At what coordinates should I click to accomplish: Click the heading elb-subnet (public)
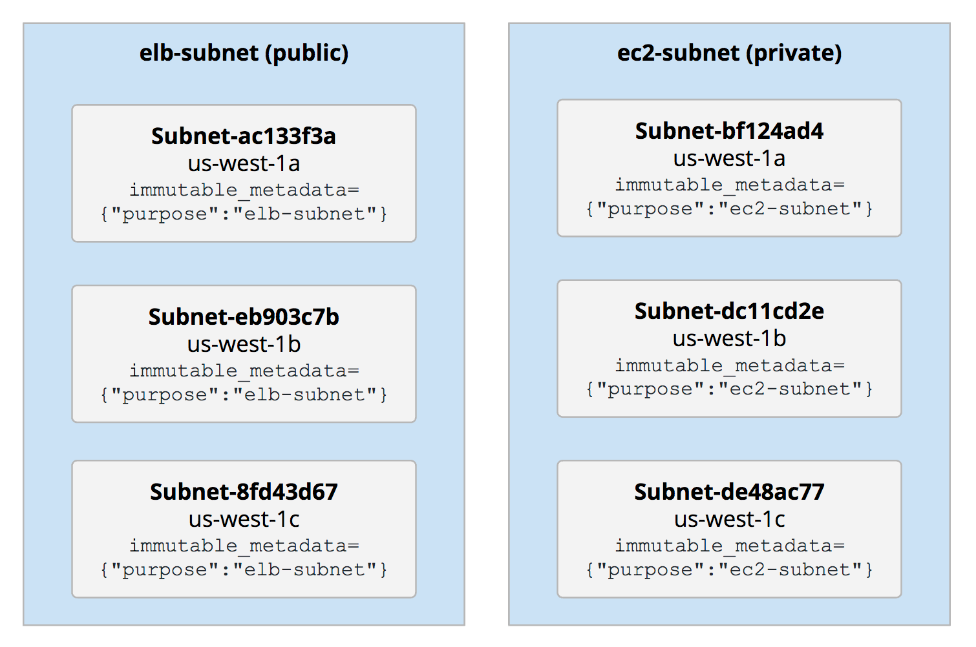244,53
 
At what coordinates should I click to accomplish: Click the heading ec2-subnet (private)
729,53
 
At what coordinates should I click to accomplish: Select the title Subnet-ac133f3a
244,136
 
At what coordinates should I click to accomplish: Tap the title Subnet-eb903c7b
244,317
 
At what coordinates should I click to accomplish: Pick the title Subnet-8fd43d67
244,492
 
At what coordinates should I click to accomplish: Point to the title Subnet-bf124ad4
729,131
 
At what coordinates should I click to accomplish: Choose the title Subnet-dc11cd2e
729,311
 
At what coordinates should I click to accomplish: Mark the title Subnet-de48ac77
729,492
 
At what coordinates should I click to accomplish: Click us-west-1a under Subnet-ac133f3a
244,164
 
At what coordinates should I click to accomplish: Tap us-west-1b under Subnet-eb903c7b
244,345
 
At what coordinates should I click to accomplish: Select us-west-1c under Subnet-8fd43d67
244,520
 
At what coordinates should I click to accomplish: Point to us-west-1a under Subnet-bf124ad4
729,159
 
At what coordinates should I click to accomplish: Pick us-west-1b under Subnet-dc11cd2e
729,339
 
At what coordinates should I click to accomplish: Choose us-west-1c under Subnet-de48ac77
729,520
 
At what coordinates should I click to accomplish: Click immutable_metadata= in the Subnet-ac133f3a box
244,190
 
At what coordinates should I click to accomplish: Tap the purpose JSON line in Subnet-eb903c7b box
244,395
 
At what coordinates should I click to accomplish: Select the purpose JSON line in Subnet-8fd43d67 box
244,570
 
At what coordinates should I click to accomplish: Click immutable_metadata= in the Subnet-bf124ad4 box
729,185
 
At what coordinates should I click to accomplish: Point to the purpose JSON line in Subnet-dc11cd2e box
729,389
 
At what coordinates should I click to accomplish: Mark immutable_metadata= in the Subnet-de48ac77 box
729,546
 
